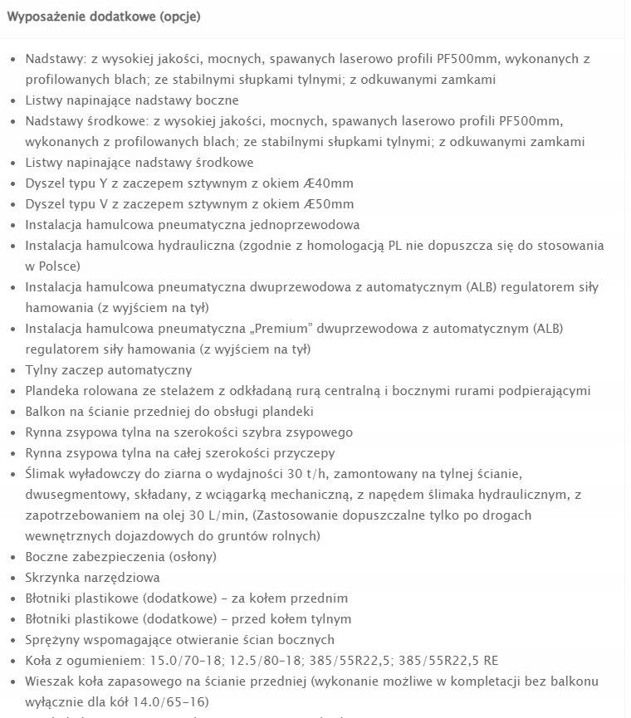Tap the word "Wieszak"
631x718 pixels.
(50, 681)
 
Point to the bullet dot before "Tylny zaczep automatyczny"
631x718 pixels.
(12, 371)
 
